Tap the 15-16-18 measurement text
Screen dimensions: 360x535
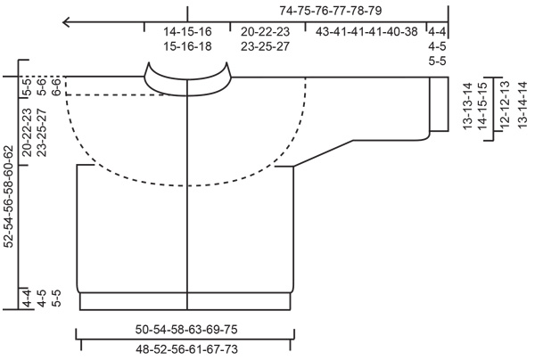tap(187, 46)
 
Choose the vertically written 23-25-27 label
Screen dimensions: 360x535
tap(44, 132)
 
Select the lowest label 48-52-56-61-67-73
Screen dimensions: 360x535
tap(187, 349)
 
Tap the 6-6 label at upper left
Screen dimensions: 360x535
tap(57, 86)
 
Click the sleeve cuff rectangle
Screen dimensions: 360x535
tap(439, 105)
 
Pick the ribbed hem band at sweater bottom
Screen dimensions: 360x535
tap(187, 300)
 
